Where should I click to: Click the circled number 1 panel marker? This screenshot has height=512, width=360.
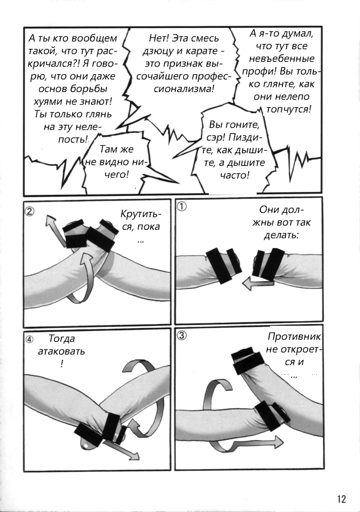click(182, 207)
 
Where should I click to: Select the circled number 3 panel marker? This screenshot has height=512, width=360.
click(182, 335)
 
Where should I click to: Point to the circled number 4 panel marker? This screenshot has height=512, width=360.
click(29, 340)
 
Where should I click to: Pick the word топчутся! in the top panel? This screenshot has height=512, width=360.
click(289, 109)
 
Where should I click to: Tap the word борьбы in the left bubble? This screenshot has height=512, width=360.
click(89, 89)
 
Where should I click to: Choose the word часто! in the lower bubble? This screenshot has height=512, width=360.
click(234, 175)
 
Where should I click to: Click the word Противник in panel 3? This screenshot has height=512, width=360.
click(294, 336)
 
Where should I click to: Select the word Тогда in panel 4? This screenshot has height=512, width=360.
click(62, 339)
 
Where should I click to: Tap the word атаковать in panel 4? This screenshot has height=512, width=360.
click(61, 351)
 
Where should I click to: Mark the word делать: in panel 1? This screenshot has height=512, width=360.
click(281, 235)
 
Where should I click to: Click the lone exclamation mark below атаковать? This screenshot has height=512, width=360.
click(62, 364)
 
